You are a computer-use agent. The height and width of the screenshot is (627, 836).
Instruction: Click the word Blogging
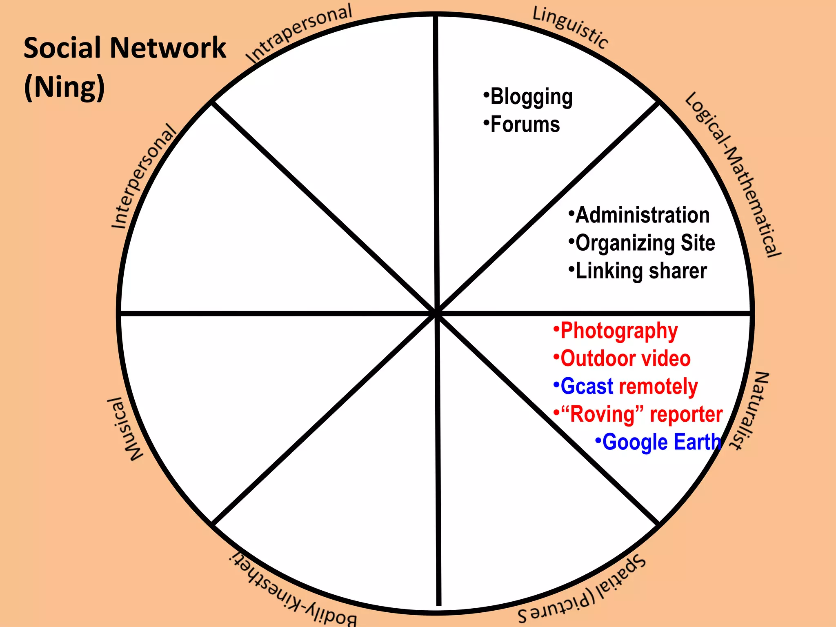pos(531,97)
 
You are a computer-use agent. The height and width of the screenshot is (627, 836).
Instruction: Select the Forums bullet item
pos(525,125)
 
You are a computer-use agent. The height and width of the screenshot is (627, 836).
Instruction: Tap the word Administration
pos(642,215)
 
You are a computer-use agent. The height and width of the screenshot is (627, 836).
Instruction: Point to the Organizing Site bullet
pos(645,243)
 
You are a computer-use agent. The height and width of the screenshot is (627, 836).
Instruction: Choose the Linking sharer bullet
pos(641,271)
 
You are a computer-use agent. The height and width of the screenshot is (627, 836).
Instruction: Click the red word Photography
pos(619,331)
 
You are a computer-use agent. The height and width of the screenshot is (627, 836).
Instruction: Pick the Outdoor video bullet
pos(625,358)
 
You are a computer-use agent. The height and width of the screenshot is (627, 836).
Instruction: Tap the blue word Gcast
pos(587,386)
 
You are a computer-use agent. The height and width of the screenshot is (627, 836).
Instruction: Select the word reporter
pos(686,414)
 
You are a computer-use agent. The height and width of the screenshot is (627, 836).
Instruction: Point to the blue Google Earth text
pos(661,442)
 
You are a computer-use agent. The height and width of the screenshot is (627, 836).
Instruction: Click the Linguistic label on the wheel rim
pos(570,27)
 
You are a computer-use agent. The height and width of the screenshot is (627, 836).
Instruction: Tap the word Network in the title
pos(168,48)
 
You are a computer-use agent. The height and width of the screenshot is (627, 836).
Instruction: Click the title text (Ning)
pos(64,87)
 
